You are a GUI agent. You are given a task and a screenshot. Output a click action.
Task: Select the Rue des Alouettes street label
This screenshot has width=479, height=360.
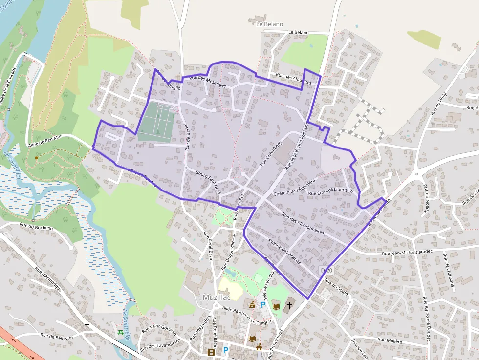click(293, 79)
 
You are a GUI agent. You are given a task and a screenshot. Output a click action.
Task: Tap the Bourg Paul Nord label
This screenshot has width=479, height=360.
click(208, 182)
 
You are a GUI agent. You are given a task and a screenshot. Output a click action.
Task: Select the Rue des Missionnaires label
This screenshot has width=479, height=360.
click(303, 224)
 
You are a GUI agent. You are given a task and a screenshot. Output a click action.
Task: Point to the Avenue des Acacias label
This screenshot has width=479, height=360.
click(284, 251)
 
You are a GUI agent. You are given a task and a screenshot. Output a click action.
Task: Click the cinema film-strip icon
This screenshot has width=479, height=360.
click(211, 352)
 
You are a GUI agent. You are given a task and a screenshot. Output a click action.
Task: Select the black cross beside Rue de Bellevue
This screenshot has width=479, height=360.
click(87, 325)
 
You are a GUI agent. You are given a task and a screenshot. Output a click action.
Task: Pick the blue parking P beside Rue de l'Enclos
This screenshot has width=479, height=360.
click(263, 305)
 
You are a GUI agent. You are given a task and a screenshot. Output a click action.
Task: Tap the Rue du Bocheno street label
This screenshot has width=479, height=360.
click(36, 227)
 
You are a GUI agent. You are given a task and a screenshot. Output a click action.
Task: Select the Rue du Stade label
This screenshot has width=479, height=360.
click(336, 286)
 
